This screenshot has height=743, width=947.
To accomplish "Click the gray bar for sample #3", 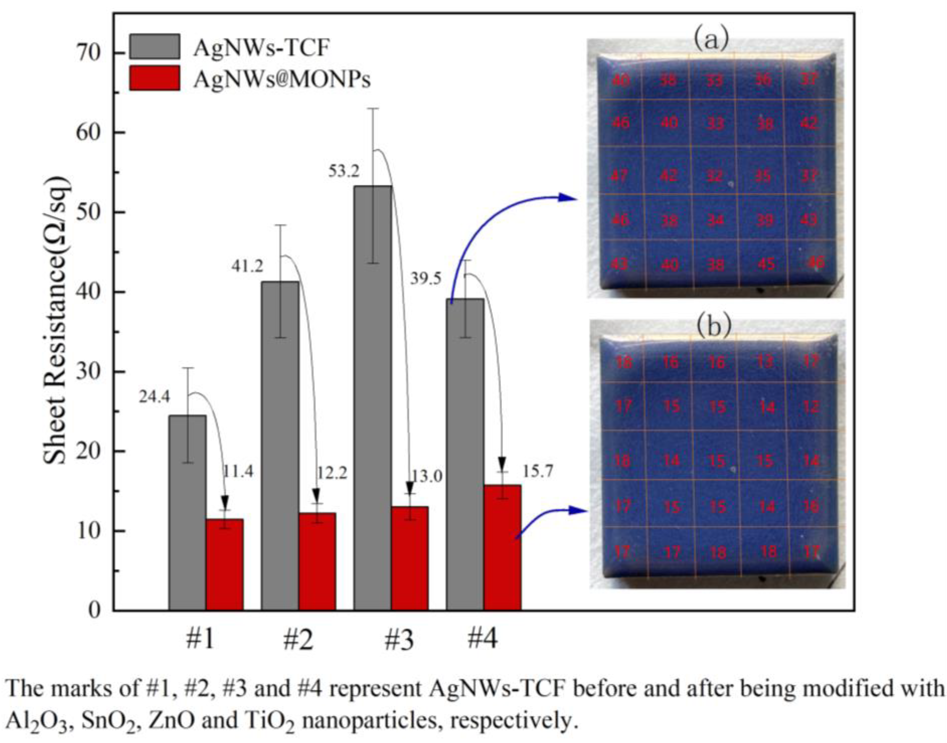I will (372, 398).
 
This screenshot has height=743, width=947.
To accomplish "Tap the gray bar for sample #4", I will (464, 454).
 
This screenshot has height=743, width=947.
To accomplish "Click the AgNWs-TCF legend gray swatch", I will (154, 47).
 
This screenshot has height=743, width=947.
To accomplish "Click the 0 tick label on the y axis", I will (94, 610).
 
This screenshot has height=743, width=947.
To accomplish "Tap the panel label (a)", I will (710, 41).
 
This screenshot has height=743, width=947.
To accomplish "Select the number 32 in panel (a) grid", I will (714, 176).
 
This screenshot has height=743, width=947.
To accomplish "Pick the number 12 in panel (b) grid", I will (810, 407).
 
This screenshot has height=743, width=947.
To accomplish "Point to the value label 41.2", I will (247, 266).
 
